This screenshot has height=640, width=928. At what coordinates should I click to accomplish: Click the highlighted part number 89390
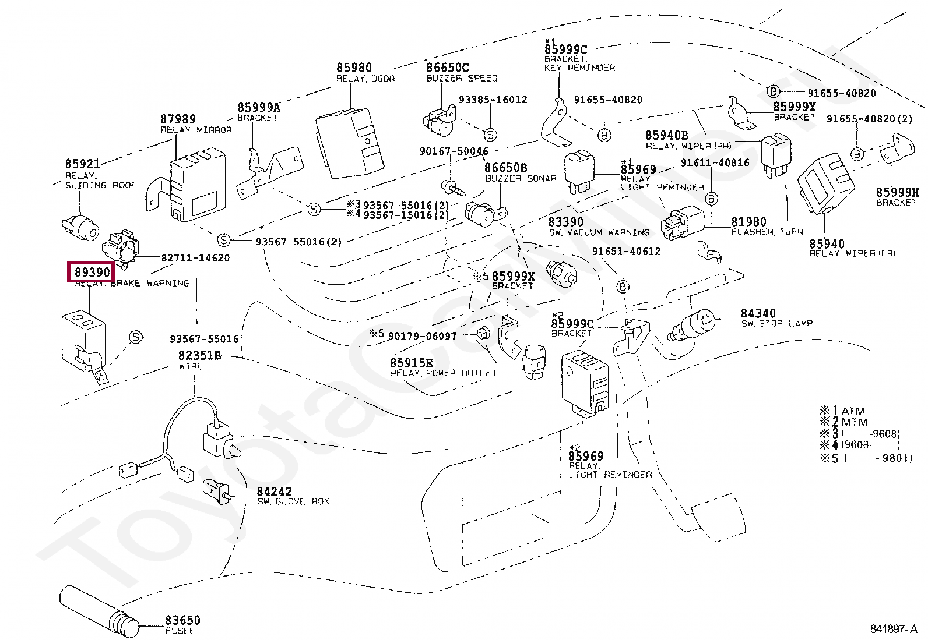coord(92,272)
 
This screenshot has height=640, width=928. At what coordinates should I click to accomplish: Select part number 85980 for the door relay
coord(354,68)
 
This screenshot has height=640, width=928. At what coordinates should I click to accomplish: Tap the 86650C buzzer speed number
coord(447,68)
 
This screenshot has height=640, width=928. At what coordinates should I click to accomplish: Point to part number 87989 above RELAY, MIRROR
coord(178,119)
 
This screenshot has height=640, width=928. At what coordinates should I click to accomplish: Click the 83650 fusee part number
coord(182,620)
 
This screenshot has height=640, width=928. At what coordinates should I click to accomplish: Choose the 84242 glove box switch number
coord(274,492)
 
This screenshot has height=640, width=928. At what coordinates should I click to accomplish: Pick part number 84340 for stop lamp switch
coord(758,313)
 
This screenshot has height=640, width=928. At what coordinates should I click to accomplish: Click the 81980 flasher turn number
coord(748,222)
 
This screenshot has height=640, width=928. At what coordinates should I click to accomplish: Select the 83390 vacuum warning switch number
coord(565,222)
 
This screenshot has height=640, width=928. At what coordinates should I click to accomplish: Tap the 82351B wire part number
coord(199,355)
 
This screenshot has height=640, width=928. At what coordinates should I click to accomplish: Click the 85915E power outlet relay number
coord(411,363)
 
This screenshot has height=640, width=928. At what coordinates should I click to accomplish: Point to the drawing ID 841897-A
coord(893,629)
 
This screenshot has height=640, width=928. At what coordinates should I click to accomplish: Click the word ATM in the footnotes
coord(853,411)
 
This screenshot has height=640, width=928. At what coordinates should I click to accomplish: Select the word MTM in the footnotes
coord(855,422)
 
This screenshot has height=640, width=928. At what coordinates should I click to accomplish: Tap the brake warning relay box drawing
coord(83,340)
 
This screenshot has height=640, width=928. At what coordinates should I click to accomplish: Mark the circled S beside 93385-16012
coord(490,135)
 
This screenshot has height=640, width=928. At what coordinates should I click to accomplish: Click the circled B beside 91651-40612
coord(623,287)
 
